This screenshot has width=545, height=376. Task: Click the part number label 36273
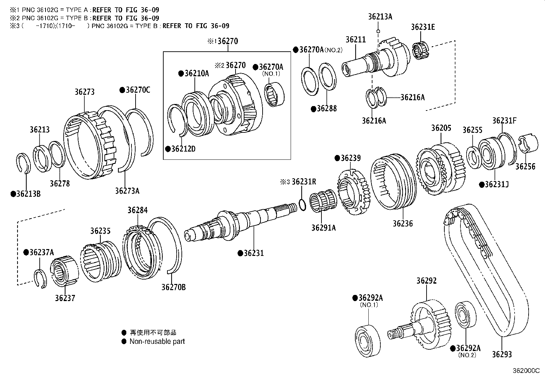[x=85, y=92]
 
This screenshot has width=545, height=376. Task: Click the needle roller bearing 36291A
[x=323, y=203]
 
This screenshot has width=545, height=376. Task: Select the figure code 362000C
[x=525, y=371]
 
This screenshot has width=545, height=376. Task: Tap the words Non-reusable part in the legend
[x=157, y=341]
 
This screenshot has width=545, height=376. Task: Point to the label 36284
[x=137, y=210]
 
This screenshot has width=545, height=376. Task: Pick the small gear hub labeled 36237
[x=64, y=272]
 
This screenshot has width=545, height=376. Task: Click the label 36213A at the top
[x=380, y=16]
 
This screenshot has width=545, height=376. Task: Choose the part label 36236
[x=403, y=223]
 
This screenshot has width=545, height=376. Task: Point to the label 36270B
[x=174, y=287]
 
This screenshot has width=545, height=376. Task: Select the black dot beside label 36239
[x=337, y=158]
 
